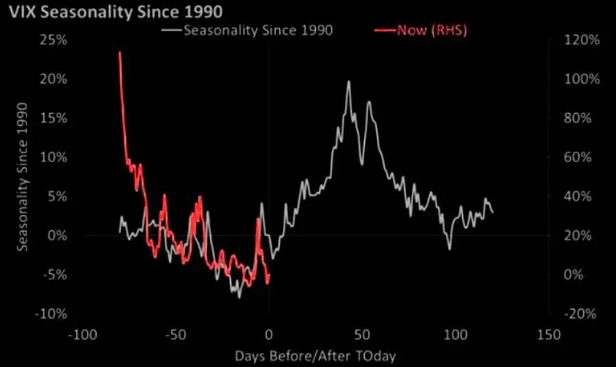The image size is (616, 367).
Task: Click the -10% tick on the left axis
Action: (54, 314)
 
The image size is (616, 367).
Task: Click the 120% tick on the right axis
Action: (582, 40)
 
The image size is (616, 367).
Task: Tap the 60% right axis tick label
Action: (582, 157)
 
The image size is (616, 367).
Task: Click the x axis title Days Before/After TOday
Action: (315, 355)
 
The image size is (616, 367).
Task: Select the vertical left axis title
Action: (22, 177)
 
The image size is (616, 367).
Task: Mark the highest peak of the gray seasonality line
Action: (348, 82)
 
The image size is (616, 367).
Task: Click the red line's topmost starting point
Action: (120, 52)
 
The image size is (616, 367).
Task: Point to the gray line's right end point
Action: (493, 212)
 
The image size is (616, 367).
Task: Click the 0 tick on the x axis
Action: (269, 335)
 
